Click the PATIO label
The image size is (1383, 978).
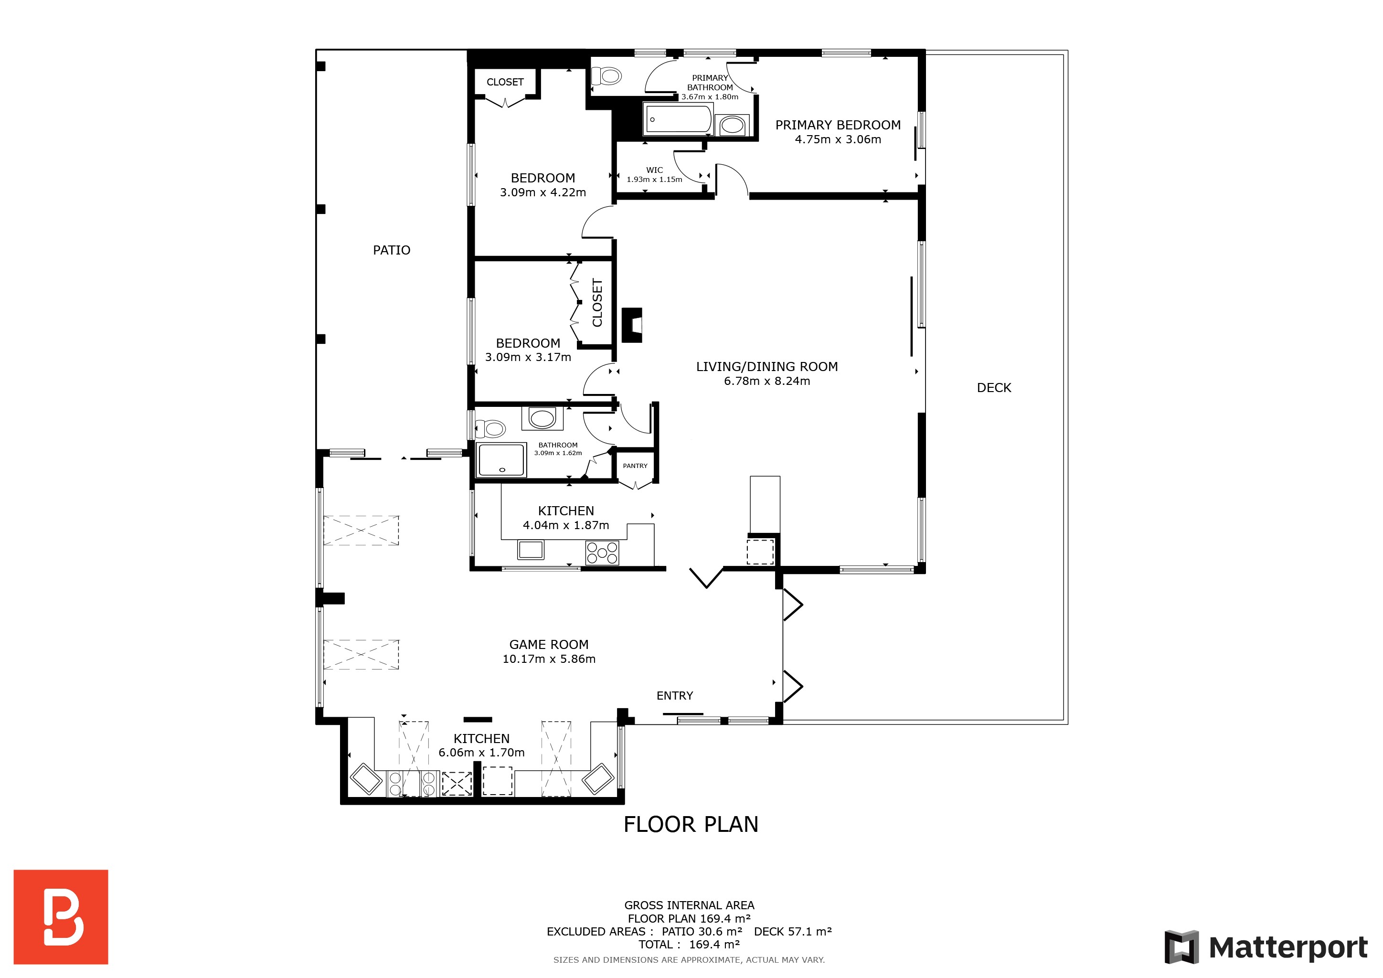tap(392, 250)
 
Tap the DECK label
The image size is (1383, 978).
tap(994, 388)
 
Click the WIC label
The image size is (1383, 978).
tap(655, 170)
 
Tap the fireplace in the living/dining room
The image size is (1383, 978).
tap(631, 325)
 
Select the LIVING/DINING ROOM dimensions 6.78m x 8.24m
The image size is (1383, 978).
tap(767, 381)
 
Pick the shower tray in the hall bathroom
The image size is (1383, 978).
tap(501, 460)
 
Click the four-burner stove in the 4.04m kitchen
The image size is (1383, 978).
tap(602, 553)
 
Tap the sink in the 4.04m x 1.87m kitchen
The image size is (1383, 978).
tap(531, 549)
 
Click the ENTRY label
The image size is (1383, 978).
tap(675, 696)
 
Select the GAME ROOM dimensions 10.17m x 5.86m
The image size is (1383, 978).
tap(549, 659)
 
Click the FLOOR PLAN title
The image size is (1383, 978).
tap(691, 824)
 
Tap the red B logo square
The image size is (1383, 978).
tap(61, 916)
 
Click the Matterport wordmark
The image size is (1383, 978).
tap(1288, 947)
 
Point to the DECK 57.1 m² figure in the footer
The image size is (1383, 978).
tap(793, 932)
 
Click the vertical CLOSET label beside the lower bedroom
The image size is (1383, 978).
tap(597, 303)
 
